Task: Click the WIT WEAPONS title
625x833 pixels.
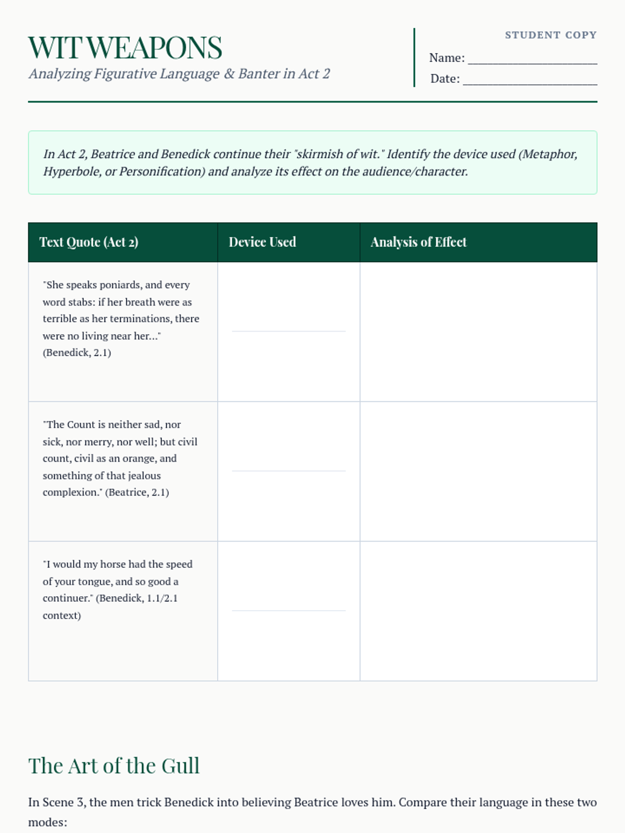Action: pos(125,48)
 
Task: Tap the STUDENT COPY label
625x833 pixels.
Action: pos(551,35)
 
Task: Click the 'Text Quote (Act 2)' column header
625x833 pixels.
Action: pos(89,242)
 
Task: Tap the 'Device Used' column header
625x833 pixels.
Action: pos(262,242)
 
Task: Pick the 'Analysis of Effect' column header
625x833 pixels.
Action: pos(418,242)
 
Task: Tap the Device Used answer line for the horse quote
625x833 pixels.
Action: pos(289,610)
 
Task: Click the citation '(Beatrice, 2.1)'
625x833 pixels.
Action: pos(137,492)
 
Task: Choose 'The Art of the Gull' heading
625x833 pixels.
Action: pos(114,766)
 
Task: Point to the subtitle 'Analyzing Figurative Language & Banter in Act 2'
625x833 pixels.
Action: pos(179,74)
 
